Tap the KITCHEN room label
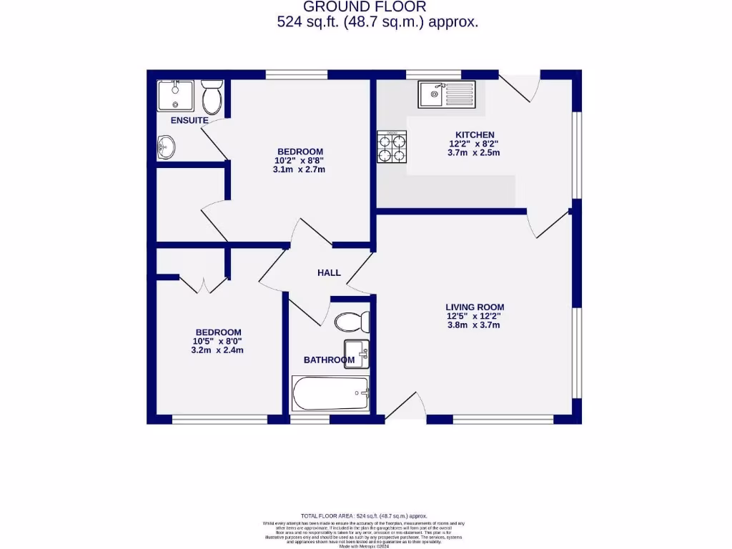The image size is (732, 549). (x=475, y=134)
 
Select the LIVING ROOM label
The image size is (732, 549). (x=475, y=307)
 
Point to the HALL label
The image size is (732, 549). (x=329, y=272)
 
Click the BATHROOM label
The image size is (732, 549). (x=329, y=360)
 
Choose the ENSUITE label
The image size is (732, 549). (x=189, y=120)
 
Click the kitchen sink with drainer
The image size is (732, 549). (x=447, y=93)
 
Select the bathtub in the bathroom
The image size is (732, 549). (x=330, y=393)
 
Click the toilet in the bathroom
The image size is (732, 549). (x=352, y=321)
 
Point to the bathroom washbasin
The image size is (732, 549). (x=355, y=353)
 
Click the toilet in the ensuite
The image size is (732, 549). (x=212, y=98)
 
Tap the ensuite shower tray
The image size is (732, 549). (x=175, y=95)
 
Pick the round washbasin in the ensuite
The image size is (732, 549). (x=166, y=147)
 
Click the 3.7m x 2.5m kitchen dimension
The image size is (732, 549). (x=473, y=152)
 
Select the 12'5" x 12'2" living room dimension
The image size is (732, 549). (x=475, y=316)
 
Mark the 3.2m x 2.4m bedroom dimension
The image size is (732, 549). (x=218, y=350)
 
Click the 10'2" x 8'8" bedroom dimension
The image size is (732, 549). (x=300, y=160)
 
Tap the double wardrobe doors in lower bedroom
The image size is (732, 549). (x=203, y=285)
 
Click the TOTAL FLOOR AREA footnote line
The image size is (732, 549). (x=364, y=515)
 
